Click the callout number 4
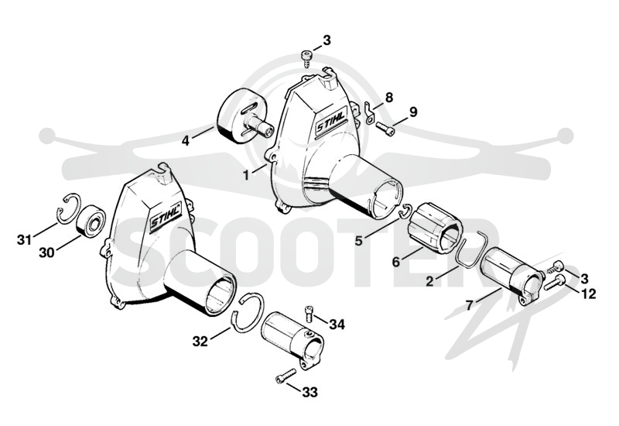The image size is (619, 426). click(186, 140)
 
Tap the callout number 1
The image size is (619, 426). click(246, 175)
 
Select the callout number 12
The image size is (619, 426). click(589, 294)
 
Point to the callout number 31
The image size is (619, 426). click(24, 239)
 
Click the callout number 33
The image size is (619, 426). click(310, 393)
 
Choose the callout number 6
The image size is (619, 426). click(396, 261)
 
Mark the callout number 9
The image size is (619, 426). click(413, 112)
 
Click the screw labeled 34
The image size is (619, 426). click(309, 314)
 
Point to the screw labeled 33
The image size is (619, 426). click(286, 376)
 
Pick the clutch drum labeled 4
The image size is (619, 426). click(245, 115)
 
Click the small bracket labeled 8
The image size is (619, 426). click(370, 112)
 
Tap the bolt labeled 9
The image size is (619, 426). click(385, 129)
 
